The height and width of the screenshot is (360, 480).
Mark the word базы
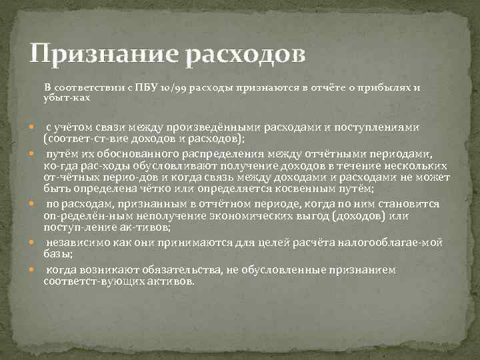pyautogui.click(x=57, y=254)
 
